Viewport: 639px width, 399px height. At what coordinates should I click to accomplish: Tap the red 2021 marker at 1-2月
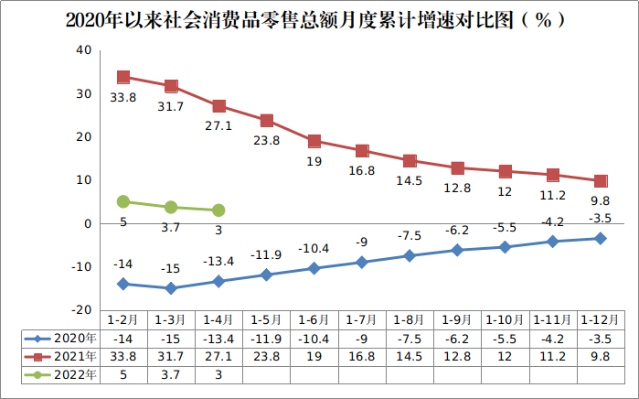tap(123, 78)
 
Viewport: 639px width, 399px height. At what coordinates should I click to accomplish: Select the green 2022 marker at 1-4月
tap(218, 210)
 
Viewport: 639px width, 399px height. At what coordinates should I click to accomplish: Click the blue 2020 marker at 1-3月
tap(171, 288)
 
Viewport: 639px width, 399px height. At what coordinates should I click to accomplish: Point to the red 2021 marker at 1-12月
tap(601, 181)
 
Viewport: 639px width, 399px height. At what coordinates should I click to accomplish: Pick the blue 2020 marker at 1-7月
tap(362, 263)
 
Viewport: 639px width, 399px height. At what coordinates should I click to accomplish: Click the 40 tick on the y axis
tap(82, 50)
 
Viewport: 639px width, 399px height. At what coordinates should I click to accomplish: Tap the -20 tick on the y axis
tap(80, 310)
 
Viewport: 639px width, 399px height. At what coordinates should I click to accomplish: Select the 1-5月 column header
tap(266, 320)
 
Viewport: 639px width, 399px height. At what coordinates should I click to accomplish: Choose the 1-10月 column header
tap(506, 320)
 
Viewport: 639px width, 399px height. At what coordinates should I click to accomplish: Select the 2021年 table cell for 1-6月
tap(314, 356)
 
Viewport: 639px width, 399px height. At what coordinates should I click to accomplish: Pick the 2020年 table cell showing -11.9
tap(266, 338)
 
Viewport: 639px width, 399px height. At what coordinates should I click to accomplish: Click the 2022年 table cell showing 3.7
tap(171, 373)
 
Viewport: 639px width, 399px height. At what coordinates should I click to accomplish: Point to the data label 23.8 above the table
tap(266, 142)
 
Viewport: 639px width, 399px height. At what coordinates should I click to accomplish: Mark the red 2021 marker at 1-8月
tap(410, 162)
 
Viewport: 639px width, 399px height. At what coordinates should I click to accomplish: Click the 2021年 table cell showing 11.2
tap(553, 356)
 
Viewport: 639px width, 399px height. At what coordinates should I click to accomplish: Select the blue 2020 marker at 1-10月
tap(506, 247)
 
